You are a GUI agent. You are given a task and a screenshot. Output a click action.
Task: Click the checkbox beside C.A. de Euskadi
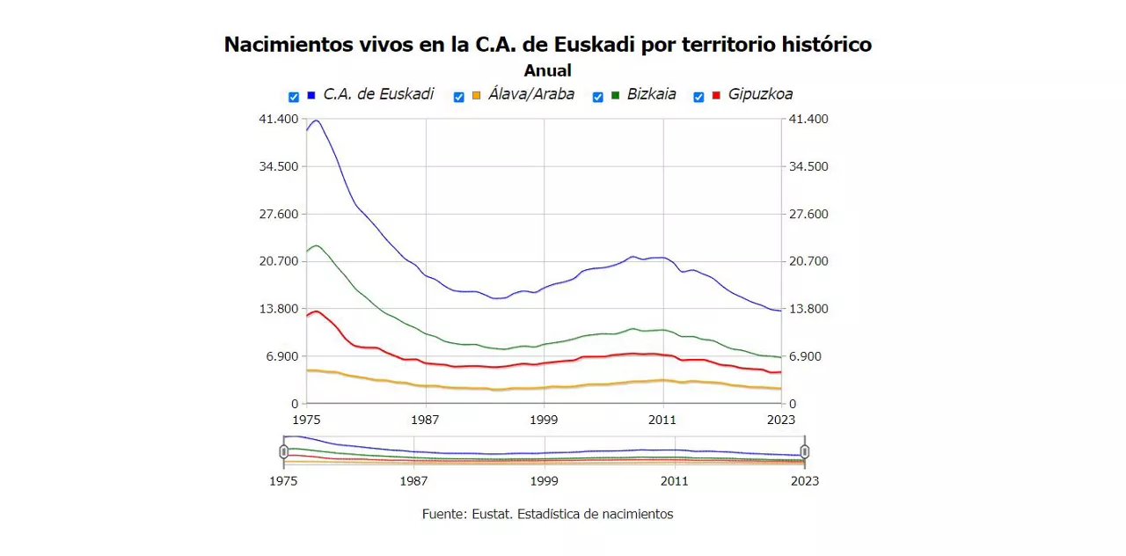click(294, 97)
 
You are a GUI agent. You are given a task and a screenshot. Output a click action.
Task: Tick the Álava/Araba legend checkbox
click(458, 97)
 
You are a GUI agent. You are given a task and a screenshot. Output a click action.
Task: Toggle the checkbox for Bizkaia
click(597, 97)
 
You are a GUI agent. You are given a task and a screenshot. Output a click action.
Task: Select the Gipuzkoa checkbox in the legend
click(698, 97)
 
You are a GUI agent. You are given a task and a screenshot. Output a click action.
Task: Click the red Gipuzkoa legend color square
click(716, 95)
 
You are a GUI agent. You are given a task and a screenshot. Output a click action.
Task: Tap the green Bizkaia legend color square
click(616, 95)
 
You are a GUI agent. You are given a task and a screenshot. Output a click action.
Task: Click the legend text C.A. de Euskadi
click(378, 94)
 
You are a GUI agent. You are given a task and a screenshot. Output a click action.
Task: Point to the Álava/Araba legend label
click(531, 94)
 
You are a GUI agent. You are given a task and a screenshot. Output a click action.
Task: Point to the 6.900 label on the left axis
click(283, 356)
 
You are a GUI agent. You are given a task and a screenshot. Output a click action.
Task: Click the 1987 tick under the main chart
click(426, 419)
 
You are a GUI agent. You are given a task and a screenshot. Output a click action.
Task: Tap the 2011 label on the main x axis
click(662, 419)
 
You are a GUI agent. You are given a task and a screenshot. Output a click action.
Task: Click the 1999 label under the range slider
click(544, 480)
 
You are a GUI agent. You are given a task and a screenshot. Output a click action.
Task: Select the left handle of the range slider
click(284, 451)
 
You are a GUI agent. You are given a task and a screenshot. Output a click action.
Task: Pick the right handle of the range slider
click(804, 451)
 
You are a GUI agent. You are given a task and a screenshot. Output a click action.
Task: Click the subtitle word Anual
click(547, 70)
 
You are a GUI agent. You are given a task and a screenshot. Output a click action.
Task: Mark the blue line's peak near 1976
click(315, 121)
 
